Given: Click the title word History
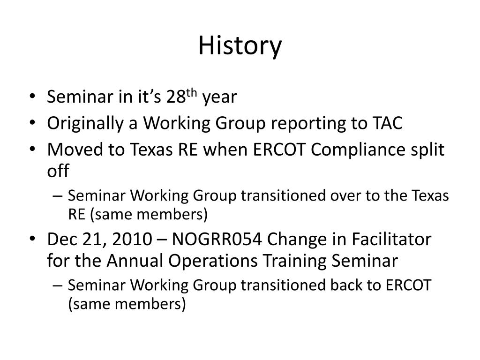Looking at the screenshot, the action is coord(240,46).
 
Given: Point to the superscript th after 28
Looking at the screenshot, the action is coord(191,93).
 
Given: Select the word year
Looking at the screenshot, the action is coord(219,97).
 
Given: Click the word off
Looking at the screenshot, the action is coord(58,170).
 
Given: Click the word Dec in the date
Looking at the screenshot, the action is coord(62,239).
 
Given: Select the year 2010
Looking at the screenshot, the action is coord(132,240).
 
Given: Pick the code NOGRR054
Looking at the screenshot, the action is coord(217,239).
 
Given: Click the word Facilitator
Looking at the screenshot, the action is coord(391,239).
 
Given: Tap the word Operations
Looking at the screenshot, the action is coord(213,262).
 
